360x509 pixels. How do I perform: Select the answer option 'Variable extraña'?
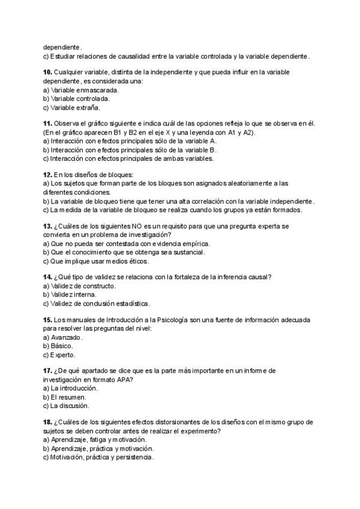72,108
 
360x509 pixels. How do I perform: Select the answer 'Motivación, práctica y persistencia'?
98,457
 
